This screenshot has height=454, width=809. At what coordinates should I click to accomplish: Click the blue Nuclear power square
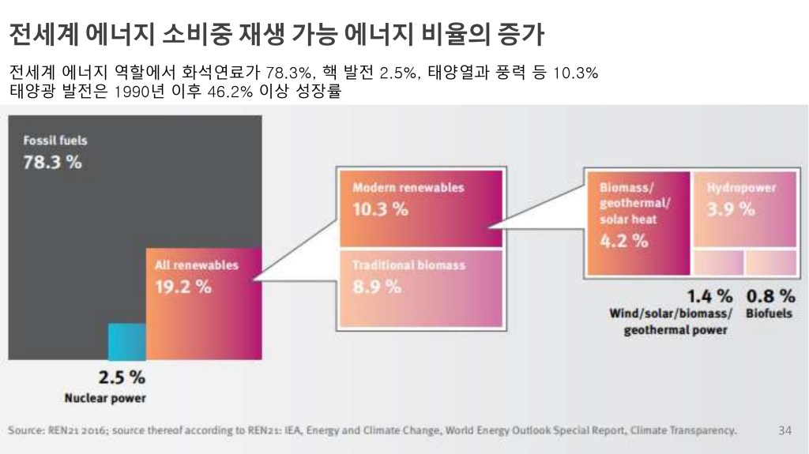(x=126, y=341)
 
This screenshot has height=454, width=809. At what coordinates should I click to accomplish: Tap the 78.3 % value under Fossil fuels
(x=52, y=163)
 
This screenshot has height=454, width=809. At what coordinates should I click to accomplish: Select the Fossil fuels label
(x=55, y=141)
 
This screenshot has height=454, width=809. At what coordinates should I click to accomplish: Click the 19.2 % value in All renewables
(x=183, y=287)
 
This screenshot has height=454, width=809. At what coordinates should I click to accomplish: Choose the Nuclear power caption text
(x=105, y=398)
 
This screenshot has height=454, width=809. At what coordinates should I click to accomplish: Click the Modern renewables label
(x=408, y=188)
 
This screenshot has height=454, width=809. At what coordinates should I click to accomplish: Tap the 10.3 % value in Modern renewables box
(x=380, y=209)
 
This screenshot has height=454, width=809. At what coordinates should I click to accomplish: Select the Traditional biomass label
(x=409, y=265)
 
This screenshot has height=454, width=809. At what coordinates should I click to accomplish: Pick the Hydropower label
(x=741, y=188)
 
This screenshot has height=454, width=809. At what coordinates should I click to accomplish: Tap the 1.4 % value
(x=709, y=297)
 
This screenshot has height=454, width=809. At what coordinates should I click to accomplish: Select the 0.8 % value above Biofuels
(x=770, y=297)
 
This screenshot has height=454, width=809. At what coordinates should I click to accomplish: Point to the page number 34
(x=785, y=430)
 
